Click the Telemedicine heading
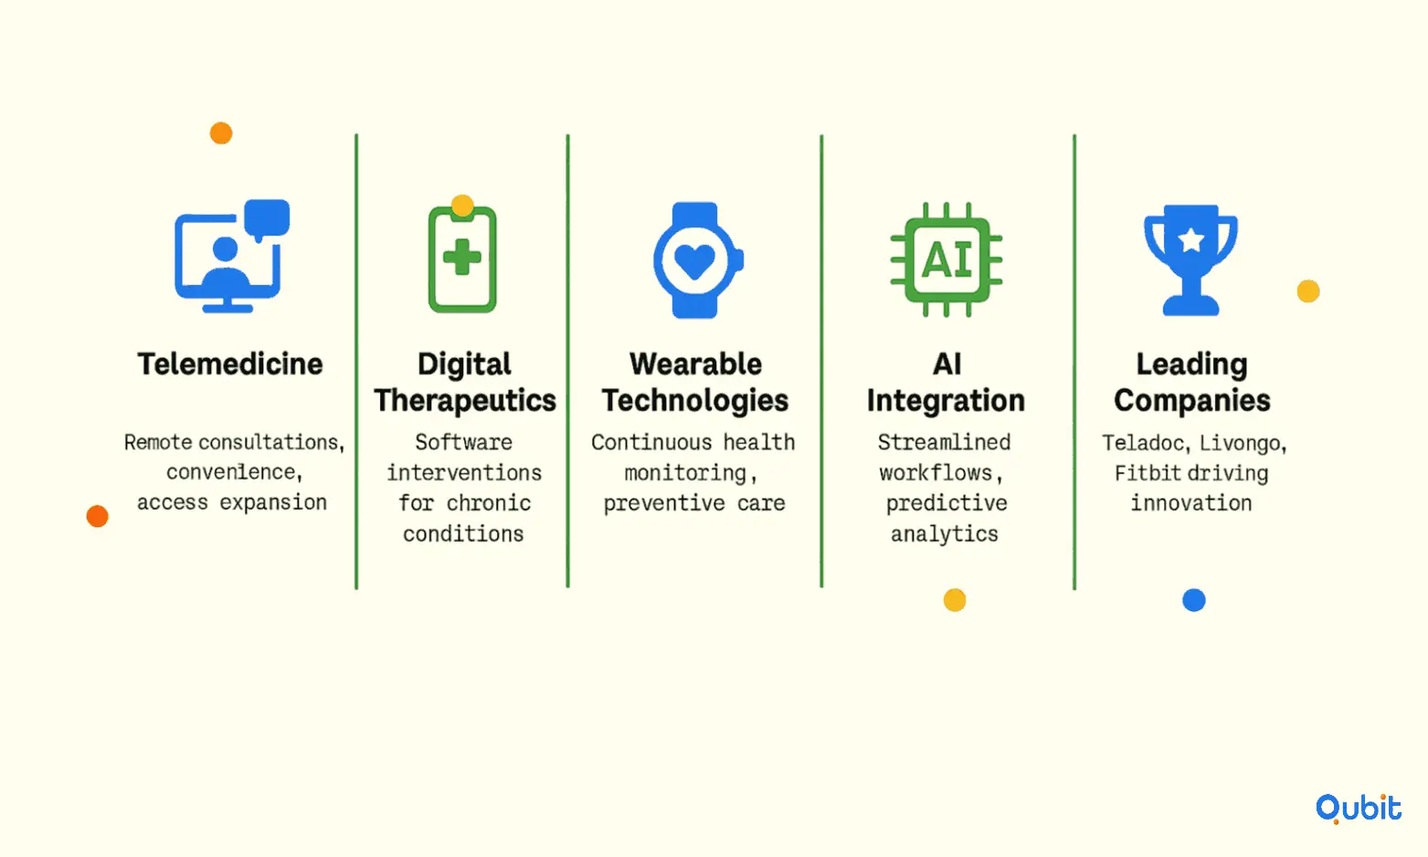[230, 365]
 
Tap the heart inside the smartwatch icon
[694, 261]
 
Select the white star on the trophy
[1190, 239]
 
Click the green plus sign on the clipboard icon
[461, 258]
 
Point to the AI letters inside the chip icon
[947, 259]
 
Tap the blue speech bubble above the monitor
[267, 219]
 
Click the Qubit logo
[1359, 809]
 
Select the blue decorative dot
[1193, 600]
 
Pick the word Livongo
[1243, 443]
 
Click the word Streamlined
[944, 442]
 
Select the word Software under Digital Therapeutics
[463, 442]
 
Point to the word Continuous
[651, 442]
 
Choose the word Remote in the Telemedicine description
[157, 442]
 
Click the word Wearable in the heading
[695, 365]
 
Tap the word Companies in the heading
[1191, 400]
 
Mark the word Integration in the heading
[946, 400]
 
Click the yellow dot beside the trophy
[1307, 291]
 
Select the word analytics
[944, 534]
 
